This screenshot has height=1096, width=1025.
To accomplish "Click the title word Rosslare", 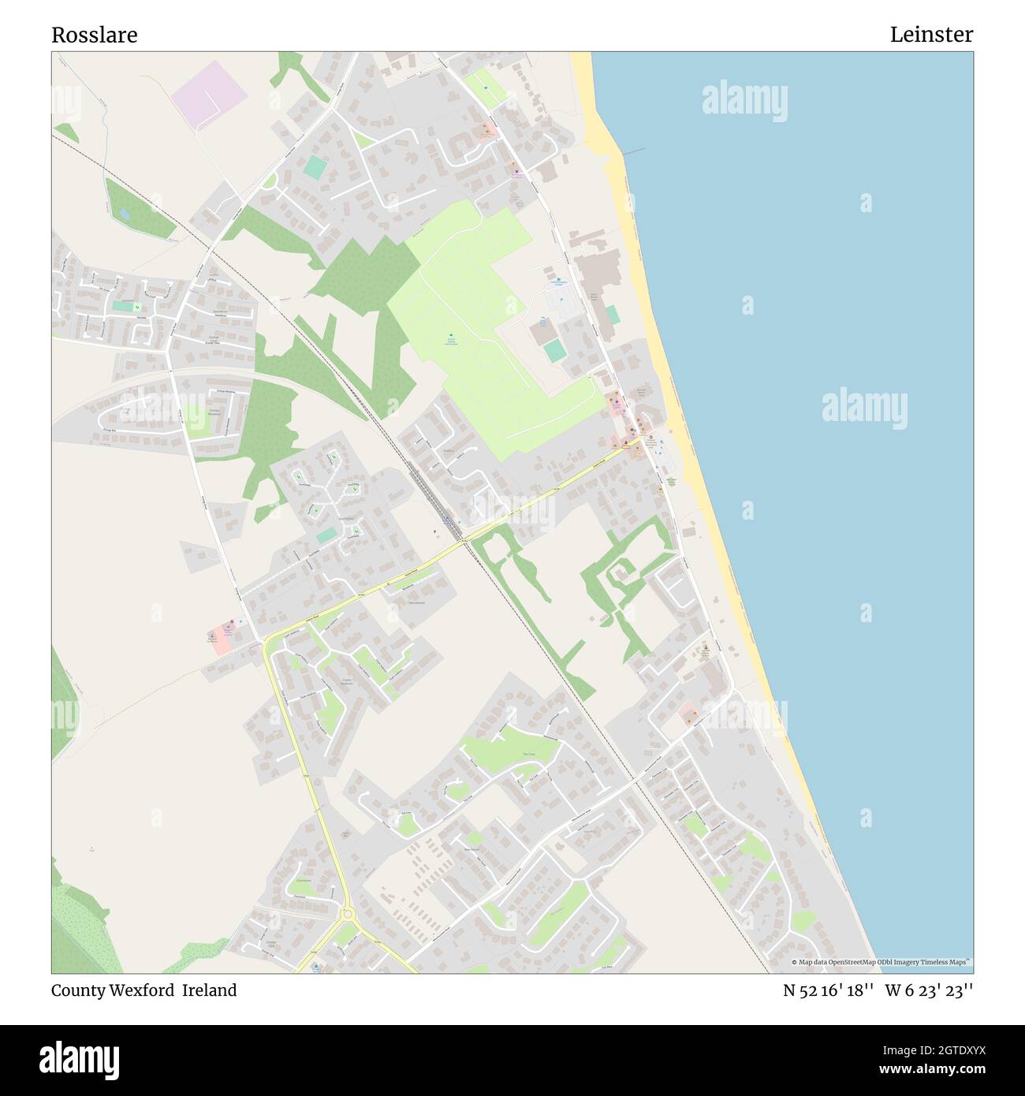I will (x=95, y=35).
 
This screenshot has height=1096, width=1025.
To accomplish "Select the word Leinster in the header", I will (x=931, y=35).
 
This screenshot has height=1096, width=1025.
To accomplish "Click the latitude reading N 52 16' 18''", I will (x=827, y=990).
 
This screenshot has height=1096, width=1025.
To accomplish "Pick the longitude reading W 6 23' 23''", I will (x=929, y=990).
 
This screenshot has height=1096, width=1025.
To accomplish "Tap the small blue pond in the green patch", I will (x=124, y=214).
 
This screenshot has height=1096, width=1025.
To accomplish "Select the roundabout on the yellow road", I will (x=347, y=914).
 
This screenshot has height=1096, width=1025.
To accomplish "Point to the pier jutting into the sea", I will (x=632, y=151).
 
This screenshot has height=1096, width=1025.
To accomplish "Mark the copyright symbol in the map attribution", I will (x=794, y=962).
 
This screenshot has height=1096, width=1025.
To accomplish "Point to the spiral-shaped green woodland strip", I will (x=623, y=576).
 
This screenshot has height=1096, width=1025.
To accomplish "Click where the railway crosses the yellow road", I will (x=465, y=541).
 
